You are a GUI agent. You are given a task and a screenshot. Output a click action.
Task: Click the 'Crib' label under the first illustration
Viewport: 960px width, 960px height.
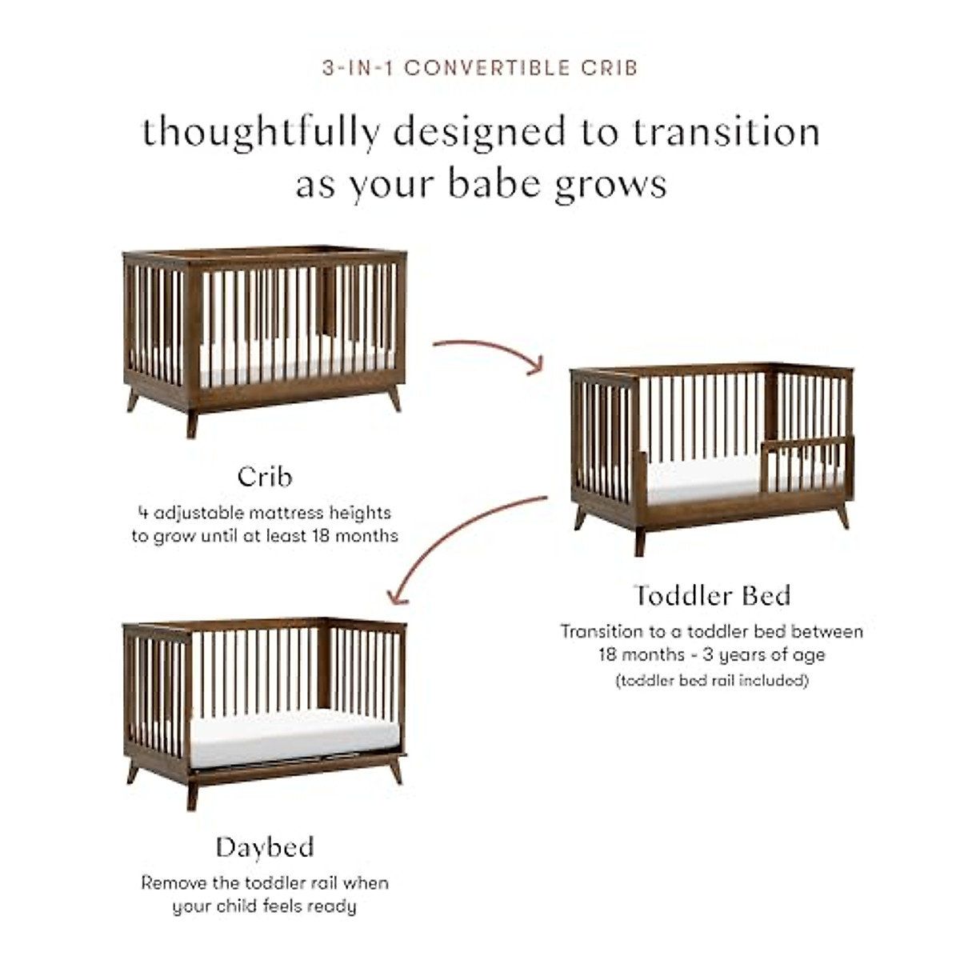[x=265, y=477]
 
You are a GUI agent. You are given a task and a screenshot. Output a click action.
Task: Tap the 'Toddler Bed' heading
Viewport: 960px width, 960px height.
[x=712, y=595]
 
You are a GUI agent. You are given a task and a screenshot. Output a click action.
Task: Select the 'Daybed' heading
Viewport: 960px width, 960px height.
[x=265, y=847]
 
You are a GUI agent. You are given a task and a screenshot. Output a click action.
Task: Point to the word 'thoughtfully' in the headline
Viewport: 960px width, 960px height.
[x=262, y=132]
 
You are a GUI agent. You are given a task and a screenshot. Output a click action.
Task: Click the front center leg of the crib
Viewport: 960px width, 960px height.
[x=192, y=423]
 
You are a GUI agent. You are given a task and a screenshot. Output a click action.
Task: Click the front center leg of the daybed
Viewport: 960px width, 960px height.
[x=192, y=795]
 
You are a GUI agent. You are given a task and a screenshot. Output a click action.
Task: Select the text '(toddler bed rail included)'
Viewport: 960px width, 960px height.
[x=712, y=680]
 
